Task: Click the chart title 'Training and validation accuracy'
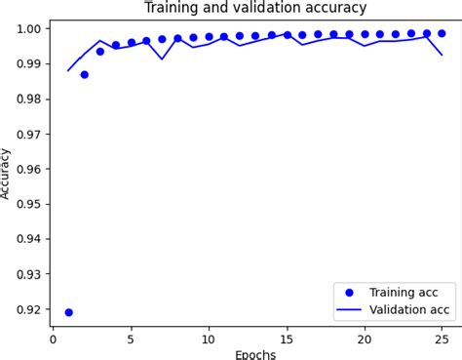[255, 8]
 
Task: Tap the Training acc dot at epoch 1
[68, 312]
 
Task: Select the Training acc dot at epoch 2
[84, 74]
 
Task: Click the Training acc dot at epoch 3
[99, 51]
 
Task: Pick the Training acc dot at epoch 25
[442, 33]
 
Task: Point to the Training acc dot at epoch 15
[287, 35]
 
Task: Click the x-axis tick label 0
[53, 340]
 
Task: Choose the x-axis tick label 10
[209, 340]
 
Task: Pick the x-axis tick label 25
[442, 340]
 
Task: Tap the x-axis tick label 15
[287, 340]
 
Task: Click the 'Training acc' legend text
[404, 292]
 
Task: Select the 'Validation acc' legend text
[409, 309]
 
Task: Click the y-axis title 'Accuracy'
[7, 174]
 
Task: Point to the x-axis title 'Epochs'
[255, 354]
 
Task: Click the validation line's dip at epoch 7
[162, 59]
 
